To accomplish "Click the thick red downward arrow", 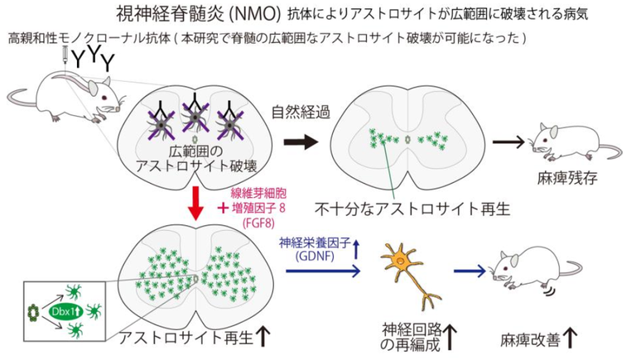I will pyautogui.click(x=196, y=204).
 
